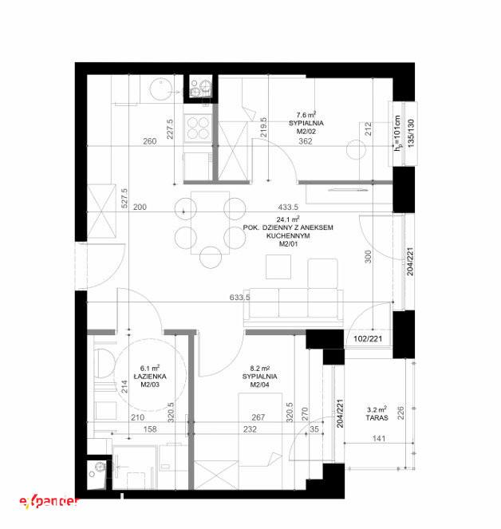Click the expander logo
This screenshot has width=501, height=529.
(49, 502)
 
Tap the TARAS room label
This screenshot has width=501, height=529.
(377, 417)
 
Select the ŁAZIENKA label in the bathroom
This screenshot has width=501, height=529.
(150, 376)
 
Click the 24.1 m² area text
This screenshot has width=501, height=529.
(288, 219)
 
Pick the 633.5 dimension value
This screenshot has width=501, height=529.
(239, 298)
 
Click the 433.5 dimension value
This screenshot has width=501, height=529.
(288, 207)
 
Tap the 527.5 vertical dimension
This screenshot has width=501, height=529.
(124, 198)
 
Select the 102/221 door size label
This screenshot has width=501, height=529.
(368, 338)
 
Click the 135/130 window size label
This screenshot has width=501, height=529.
(411, 132)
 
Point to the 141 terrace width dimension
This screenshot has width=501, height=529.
(379, 438)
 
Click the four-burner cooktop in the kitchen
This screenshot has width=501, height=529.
(198, 127)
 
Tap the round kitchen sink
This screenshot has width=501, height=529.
(161, 89)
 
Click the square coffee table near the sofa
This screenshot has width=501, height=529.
(278, 266)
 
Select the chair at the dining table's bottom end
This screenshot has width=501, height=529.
(211, 258)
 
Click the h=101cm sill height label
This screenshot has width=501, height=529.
(398, 132)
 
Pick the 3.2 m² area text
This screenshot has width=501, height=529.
(377, 409)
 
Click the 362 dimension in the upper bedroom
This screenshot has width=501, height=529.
(306, 141)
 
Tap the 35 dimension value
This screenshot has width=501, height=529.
(314, 429)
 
